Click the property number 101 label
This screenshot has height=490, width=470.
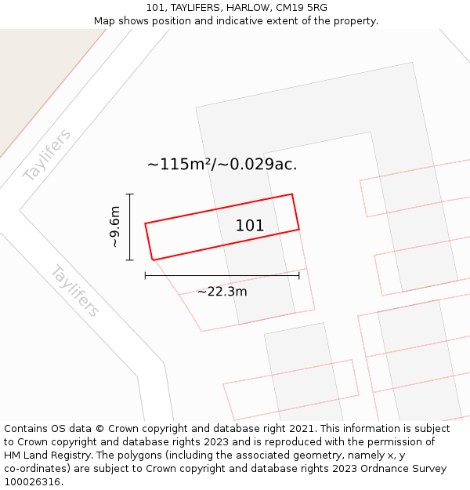coord(250,226)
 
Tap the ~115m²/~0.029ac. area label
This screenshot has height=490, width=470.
coord(222,165)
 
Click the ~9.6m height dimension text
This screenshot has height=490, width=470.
coord(115,227)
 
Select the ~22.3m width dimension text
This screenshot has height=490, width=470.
coord(222,292)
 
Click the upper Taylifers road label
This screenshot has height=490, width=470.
coord(47,154)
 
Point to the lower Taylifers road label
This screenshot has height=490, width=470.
coord(75,291)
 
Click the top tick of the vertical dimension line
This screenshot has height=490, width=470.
coord(130,194)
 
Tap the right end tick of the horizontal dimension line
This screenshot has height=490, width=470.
coord(298,275)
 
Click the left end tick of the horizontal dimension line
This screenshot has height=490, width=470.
coord(146,275)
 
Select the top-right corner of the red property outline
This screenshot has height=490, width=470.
coord(292,194)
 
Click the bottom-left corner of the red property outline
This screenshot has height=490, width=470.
coord(153,260)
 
